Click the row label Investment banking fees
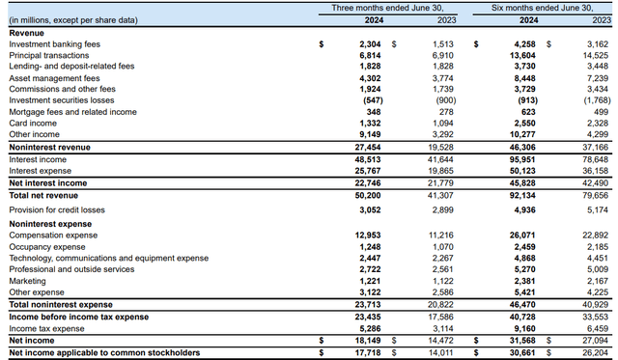tap(53, 44)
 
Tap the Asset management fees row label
tap(54, 78)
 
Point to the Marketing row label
tap(28, 281)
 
